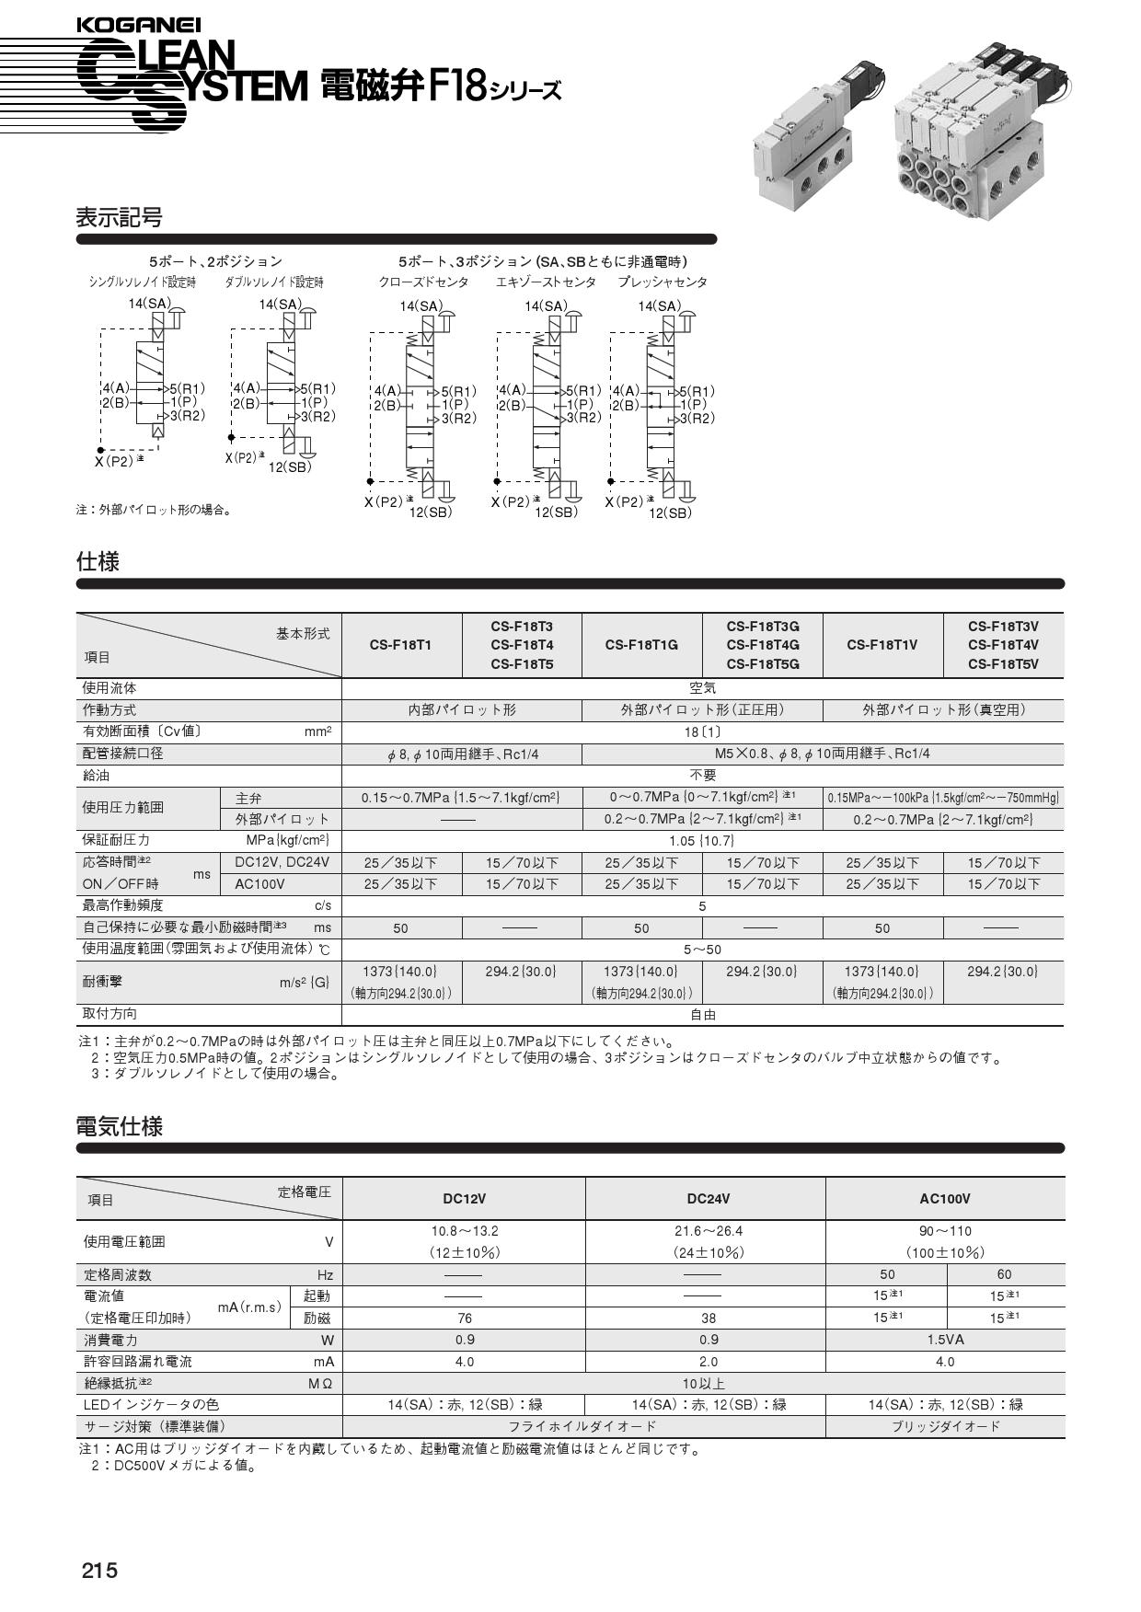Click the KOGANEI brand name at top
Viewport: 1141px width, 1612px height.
pyautogui.click(x=138, y=27)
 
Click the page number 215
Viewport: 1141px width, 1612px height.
pyautogui.click(x=99, y=1570)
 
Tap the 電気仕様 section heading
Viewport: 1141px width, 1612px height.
pyautogui.click(x=119, y=1126)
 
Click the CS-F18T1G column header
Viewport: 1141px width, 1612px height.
pyautogui.click(x=641, y=644)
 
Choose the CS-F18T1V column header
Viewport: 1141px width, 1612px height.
pyautogui.click(x=882, y=644)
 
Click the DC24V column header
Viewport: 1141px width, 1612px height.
pyautogui.click(x=708, y=1198)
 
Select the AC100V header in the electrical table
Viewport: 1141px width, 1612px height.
pyautogui.click(x=944, y=1198)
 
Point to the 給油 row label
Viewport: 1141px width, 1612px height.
pyautogui.click(x=97, y=775)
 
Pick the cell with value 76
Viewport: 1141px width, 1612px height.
pyautogui.click(x=464, y=1318)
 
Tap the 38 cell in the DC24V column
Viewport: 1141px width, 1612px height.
pyautogui.click(x=708, y=1318)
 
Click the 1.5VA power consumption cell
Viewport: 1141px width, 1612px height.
pyautogui.click(x=944, y=1340)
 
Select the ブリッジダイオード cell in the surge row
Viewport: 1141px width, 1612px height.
pyautogui.click(x=944, y=1426)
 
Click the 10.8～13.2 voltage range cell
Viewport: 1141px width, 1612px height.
pyautogui.click(x=464, y=1231)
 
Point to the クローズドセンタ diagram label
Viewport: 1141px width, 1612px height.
pyautogui.click(x=423, y=282)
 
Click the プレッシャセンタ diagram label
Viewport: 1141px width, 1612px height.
pyautogui.click(x=663, y=282)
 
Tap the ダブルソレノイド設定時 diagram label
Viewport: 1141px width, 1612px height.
pyautogui.click(x=274, y=282)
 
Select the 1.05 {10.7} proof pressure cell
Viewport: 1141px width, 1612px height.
pyautogui.click(x=702, y=840)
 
